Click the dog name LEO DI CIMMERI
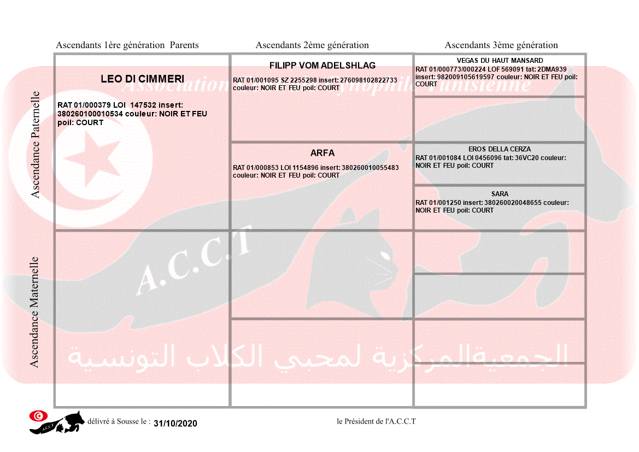pos(142,79)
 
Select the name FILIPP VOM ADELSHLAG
pos(323,66)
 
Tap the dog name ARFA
pos(323,153)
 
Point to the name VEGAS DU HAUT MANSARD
pos(500,61)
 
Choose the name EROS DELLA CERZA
pos(500,149)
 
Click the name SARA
pos(500,194)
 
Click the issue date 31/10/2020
pos(175,424)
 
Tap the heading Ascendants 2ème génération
pos(312,45)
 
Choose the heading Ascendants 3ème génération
pos(501,45)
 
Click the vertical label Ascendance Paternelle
pos(36,144)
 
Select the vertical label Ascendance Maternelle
pos(34,312)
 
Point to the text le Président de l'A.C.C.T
pos(376,421)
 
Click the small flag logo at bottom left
pos(38,416)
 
